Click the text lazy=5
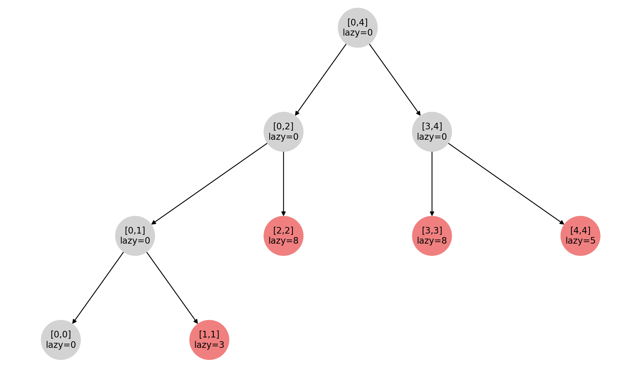click(580, 241)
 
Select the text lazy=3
click(209, 345)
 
